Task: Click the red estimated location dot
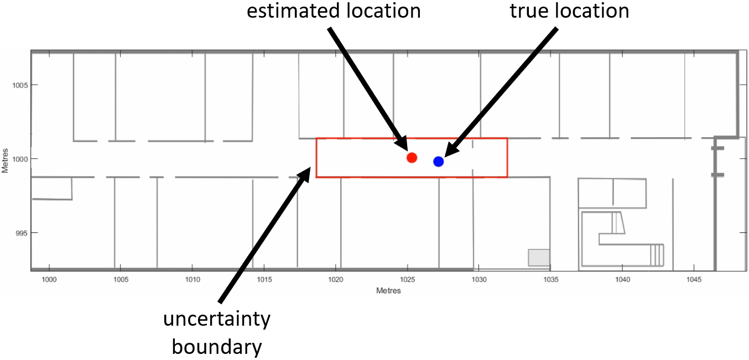412,158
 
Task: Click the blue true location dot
438,161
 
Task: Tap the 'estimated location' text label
334,11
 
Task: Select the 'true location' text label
569,11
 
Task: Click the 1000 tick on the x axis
49,280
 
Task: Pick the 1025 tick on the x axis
407,280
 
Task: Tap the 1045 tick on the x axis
694,280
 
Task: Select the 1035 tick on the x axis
550,280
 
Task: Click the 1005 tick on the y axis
19,85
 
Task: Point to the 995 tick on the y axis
20,233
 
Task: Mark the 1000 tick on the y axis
19,159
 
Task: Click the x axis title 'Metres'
388,290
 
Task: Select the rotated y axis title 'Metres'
5,160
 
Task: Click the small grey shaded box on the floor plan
539,257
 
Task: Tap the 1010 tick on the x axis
193,280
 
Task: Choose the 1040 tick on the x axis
622,280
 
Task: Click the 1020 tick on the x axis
336,280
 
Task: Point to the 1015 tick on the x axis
264,280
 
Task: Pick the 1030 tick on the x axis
479,280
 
